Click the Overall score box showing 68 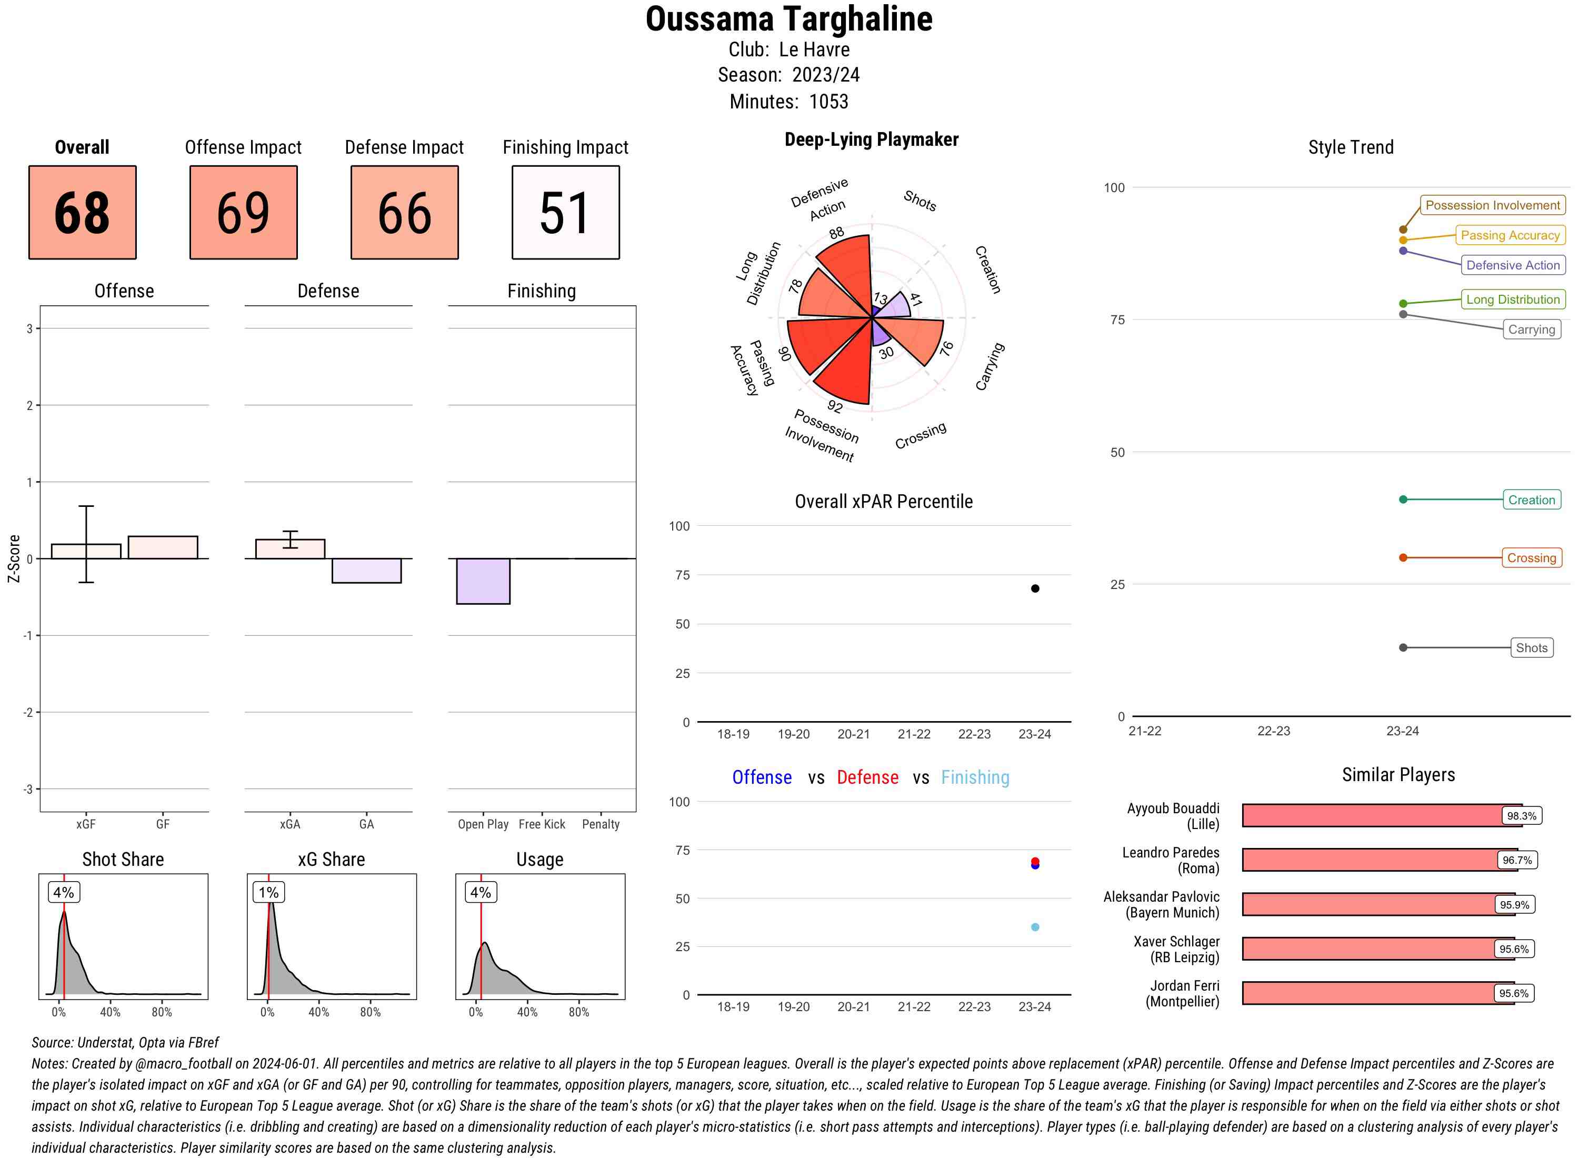(82, 213)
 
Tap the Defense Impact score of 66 (404, 213)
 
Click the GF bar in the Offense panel (163, 547)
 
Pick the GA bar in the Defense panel (366, 571)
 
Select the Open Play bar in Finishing (483, 581)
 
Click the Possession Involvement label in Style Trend (1492, 205)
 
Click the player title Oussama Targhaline (788, 19)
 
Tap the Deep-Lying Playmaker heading (871, 139)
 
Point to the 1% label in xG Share (268, 892)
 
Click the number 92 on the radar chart (835, 406)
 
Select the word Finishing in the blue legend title (975, 777)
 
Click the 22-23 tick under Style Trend (1273, 731)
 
